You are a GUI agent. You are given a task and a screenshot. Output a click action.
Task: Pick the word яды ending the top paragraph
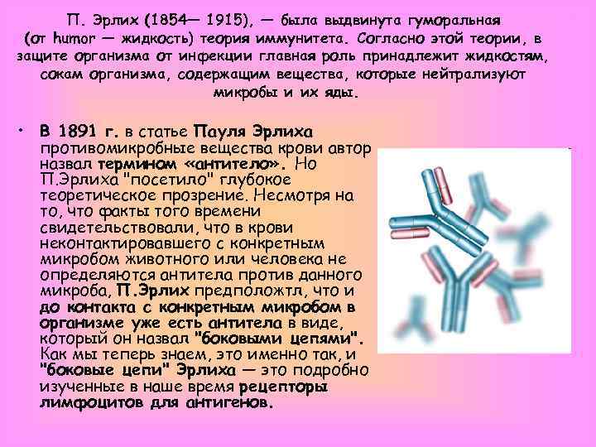pyautogui.click(x=344, y=93)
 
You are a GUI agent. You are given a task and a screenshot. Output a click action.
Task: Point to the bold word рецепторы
pyautogui.click(x=282, y=387)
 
